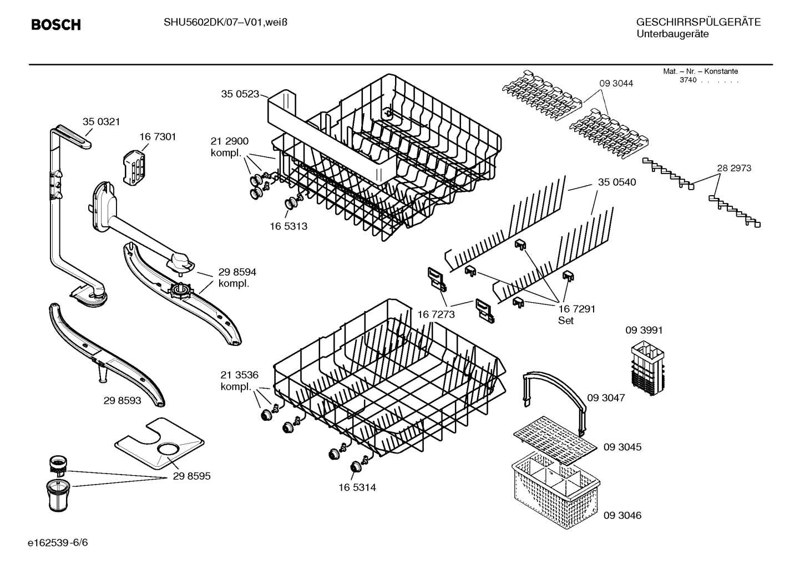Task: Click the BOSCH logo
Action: (x=56, y=24)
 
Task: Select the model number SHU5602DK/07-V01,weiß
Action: (x=225, y=23)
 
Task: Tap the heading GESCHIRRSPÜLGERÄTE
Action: (x=698, y=22)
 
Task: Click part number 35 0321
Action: (x=102, y=122)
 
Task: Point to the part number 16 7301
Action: (x=158, y=137)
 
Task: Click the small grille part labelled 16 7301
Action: (x=134, y=167)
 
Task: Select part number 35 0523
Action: (x=240, y=94)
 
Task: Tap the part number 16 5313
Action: (x=288, y=226)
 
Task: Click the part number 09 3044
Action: (x=616, y=84)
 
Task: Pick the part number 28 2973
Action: (x=734, y=168)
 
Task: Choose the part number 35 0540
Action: (x=617, y=182)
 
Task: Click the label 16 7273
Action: (x=436, y=314)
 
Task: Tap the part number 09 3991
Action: (x=644, y=330)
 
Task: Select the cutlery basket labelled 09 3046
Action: (x=556, y=493)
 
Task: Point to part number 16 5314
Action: (x=357, y=487)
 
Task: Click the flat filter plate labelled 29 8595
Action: (x=159, y=443)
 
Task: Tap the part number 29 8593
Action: (x=122, y=400)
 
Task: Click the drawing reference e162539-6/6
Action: (x=58, y=543)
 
